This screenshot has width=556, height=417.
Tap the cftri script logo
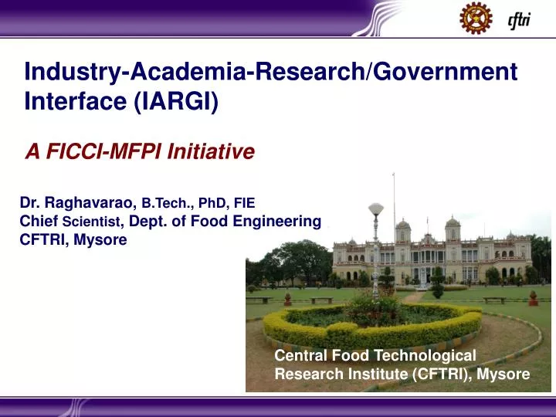pyautogui.click(x=520, y=19)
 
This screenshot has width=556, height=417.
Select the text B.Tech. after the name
pyautogui.click(x=167, y=205)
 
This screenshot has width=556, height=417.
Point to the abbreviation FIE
pyautogui.click(x=244, y=205)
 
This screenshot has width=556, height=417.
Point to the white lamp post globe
pyautogui.click(x=375, y=208)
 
